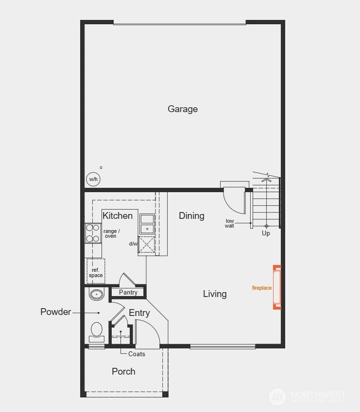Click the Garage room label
(183, 109)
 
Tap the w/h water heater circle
(93, 179)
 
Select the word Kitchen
(118, 216)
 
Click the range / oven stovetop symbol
(93, 232)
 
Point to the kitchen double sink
(147, 224)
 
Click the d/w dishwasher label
(134, 244)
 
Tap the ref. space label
(96, 273)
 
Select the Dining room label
(191, 216)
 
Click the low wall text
(230, 224)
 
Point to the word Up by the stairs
(266, 233)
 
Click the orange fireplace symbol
(277, 287)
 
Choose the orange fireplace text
(262, 288)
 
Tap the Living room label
(215, 294)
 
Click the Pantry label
(128, 292)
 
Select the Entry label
(139, 313)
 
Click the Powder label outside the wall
(55, 312)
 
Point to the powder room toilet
(97, 331)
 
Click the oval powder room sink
(97, 294)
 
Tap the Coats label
(137, 354)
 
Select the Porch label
(123, 372)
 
